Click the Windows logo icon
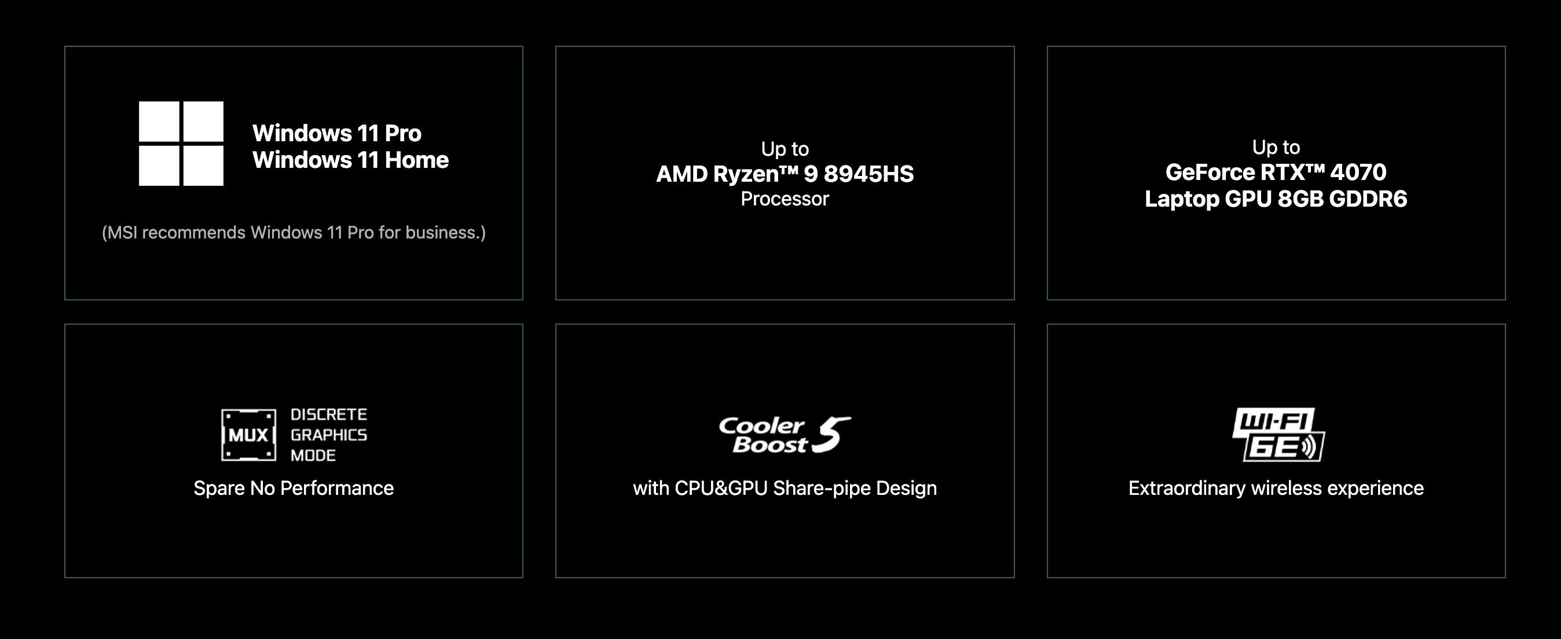(181, 144)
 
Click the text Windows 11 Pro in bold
(337, 133)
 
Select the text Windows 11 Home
(351, 160)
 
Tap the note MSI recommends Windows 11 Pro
(294, 233)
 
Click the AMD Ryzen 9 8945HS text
(785, 174)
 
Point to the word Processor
(785, 199)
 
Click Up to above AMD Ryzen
(785, 149)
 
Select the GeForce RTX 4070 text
(1276, 172)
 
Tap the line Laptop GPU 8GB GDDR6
(1276, 199)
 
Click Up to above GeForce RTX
(1276, 147)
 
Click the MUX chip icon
(248, 435)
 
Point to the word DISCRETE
(329, 414)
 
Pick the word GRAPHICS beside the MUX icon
(329, 435)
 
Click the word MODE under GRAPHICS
(313, 456)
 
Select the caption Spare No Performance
(294, 488)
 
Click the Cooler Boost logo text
(763, 435)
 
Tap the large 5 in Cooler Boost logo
(831, 434)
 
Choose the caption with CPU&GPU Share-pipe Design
(785, 488)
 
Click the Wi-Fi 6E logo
(1278, 434)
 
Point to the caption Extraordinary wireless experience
(1276, 488)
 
